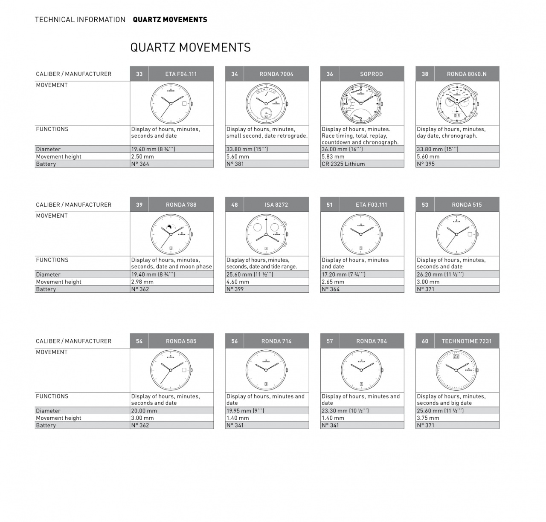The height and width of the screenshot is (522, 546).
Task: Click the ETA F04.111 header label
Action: click(181, 74)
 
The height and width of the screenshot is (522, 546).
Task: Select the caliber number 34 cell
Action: click(235, 74)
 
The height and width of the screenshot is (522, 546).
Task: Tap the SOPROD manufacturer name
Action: click(371, 74)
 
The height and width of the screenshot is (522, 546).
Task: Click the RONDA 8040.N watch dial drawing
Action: click(457, 103)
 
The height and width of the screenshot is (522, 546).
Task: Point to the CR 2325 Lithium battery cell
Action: click(362, 164)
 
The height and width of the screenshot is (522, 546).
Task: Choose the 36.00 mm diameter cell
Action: click(362, 149)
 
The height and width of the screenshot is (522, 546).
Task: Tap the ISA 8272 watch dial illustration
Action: click(267, 234)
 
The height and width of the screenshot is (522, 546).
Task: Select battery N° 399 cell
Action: click(267, 289)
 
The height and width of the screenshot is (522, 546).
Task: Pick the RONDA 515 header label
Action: click(467, 205)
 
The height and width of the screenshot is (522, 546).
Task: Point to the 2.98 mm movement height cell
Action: click(171, 282)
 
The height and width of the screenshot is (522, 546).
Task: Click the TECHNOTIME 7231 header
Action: click(467, 341)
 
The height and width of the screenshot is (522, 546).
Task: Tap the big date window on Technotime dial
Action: click(456, 356)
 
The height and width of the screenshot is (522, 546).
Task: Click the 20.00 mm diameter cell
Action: click(171, 411)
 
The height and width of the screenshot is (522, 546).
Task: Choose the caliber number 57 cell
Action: click(330, 341)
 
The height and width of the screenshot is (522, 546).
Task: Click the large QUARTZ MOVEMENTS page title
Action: click(190, 47)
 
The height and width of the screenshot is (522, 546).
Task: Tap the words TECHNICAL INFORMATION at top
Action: click(80, 20)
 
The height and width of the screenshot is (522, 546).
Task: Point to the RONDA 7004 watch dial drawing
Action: click(267, 103)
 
